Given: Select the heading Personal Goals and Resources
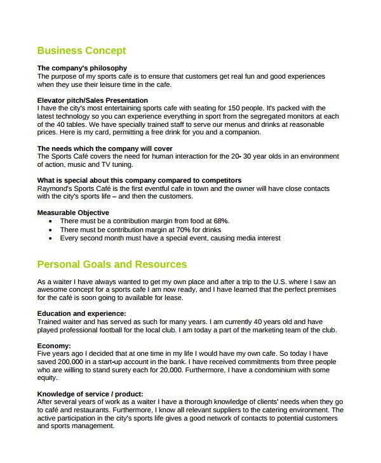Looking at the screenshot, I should click(112, 264).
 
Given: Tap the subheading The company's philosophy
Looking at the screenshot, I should click(82, 68).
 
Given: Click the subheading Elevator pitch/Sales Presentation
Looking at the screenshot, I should click(93, 100).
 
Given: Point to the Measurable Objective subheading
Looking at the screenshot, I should click(73, 212).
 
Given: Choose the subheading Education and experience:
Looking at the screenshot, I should click(82, 313).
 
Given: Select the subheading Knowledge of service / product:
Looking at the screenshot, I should click(90, 394).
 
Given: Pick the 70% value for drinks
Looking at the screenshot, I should click(186, 229).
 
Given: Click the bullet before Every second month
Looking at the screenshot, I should click(51, 238).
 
